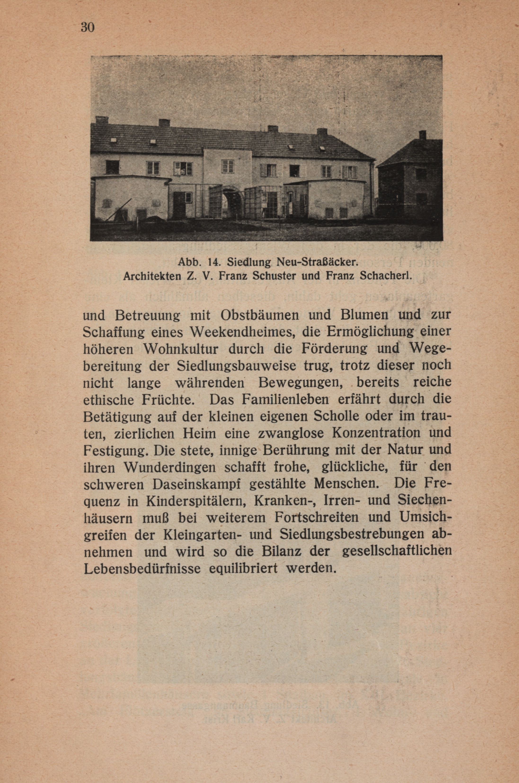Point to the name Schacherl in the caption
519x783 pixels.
pyautogui.click(x=385, y=276)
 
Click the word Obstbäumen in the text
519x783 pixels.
pyautogui.click(x=261, y=314)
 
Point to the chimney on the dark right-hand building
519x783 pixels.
pyautogui.click(x=422, y=135)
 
